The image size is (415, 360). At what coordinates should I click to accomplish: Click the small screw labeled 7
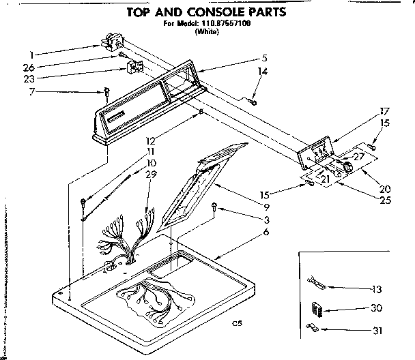pyautogui.click(x=106, y=91)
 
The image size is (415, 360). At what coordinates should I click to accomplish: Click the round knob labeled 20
pyautogui.click(x=349, y=168)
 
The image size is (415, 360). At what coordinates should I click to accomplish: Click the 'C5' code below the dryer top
pyautogui.click(x=237, y=322)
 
